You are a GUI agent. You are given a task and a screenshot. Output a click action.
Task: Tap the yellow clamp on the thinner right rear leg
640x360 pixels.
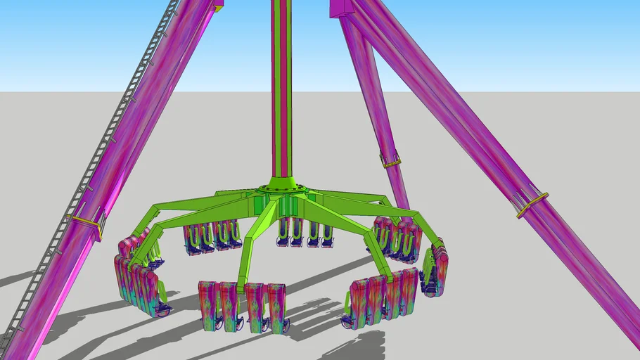[x=391, y=162]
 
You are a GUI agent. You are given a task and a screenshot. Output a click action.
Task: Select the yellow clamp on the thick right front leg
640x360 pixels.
[x=532, y=205]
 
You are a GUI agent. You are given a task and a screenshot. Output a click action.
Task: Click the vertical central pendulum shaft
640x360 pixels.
[x=281, y=91]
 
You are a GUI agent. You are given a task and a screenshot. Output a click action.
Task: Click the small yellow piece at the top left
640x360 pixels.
[x=219, y=8]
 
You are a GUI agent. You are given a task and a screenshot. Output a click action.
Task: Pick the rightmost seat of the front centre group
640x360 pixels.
[x=278, y=307]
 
